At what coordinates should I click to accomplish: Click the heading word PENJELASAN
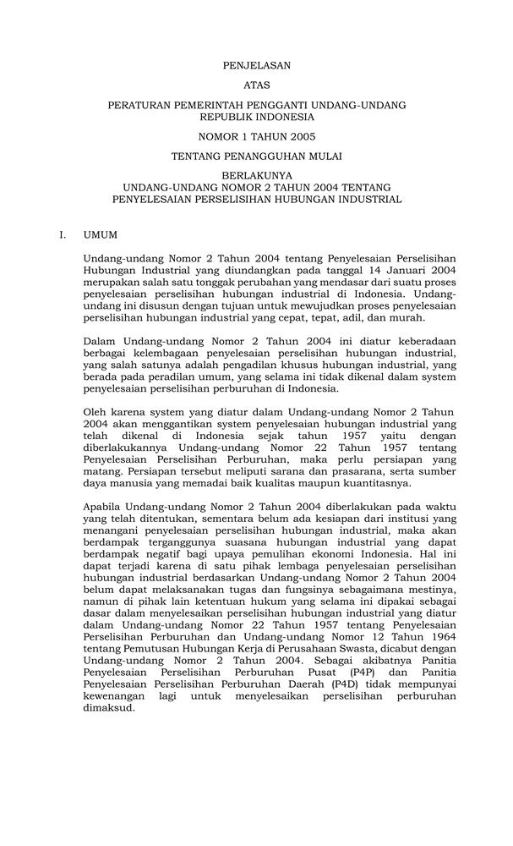pos(256,64)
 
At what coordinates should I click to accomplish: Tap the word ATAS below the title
pos(256,85)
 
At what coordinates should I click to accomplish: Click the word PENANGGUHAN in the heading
pos(263,157)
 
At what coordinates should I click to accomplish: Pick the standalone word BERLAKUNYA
pos(256,177)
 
